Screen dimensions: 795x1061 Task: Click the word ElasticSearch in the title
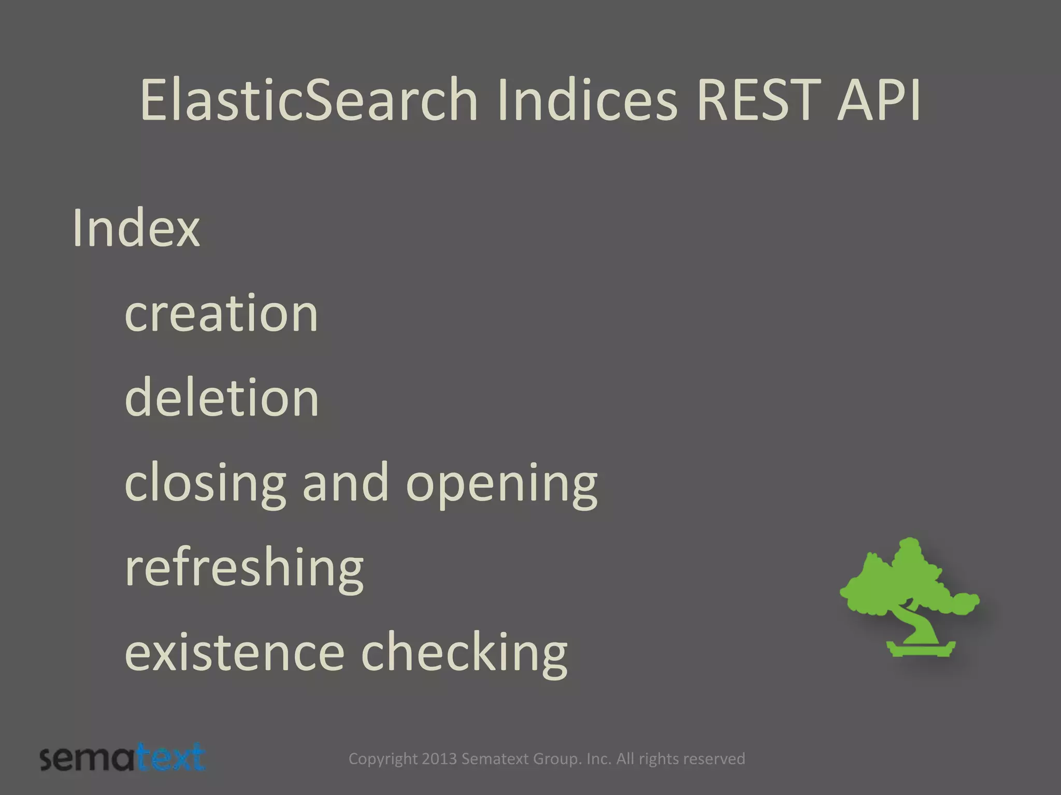(308, 99)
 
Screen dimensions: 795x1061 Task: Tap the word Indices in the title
(587, 99)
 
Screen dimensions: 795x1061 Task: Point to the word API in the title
(879, 99)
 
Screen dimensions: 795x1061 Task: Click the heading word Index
(136, 228)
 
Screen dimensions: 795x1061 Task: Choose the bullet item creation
(221, 314)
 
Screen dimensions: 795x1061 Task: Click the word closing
(205, 484)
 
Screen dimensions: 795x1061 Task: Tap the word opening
(501, 484)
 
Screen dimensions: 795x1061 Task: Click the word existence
(234, 653)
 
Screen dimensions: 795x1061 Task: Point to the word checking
(464, 653)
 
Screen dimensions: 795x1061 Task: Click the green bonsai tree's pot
(921, 648)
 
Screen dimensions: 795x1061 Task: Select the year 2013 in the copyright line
(439, 759)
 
